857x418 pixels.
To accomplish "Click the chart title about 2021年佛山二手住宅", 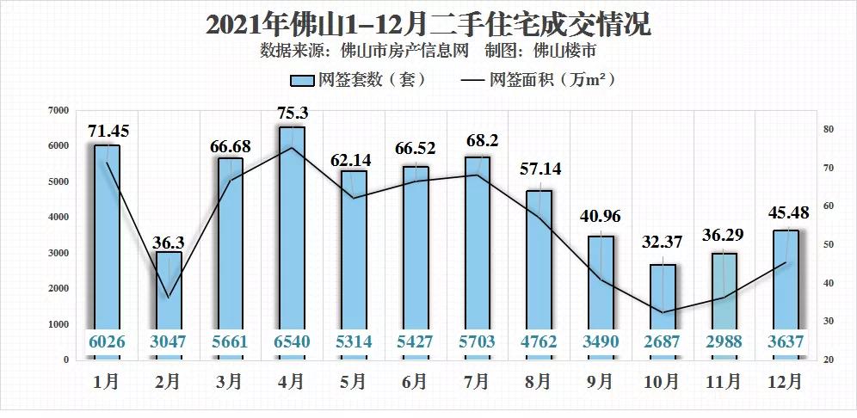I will point(428,23).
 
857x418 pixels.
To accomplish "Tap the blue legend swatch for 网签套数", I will point(301,81).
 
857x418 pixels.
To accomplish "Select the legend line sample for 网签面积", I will point(472,81).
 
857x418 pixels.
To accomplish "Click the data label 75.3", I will point(292,113).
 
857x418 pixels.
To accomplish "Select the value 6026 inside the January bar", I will point(108,341).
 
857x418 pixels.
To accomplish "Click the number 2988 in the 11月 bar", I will point(723,341).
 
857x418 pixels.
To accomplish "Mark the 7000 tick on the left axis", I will point(58,110).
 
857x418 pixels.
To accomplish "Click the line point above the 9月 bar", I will point(601,280).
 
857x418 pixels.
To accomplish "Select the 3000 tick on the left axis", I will point(58,253).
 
